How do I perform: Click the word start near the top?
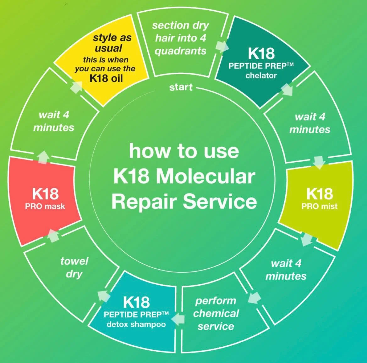[x=181, y=87]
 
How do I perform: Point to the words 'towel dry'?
[x=74, y=267]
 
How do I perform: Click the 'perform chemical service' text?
[x=216, y=313]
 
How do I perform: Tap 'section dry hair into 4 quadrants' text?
[x=181, y=38]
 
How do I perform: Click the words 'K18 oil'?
[x=106, y=78]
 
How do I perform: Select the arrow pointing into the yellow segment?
[x=76, y=87]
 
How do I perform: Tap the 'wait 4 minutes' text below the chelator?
[x=310, y=123]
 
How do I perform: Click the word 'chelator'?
[x=261, y=75]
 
